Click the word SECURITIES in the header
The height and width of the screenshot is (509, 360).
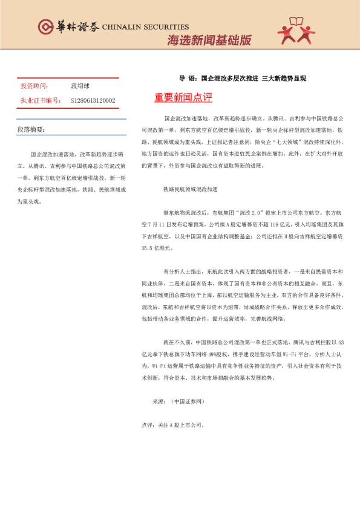tap(163, 27)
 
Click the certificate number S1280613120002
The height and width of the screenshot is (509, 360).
tap(93, 100)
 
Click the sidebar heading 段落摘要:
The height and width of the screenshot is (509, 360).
tap(31, 130)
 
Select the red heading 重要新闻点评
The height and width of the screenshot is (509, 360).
tap(183, 97)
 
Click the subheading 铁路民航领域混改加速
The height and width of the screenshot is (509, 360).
tap(190, 189)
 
